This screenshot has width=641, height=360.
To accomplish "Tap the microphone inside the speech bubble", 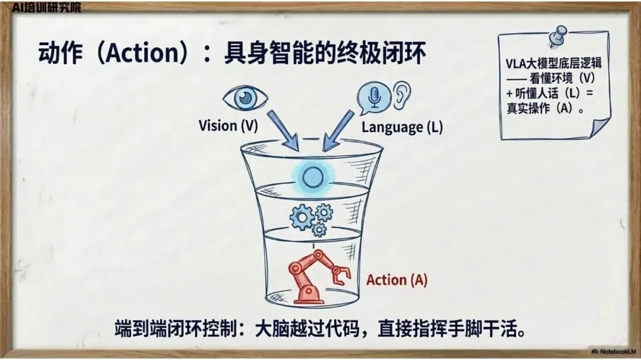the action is (x=374, y=97).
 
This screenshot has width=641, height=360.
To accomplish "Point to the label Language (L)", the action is (x=402, y=126).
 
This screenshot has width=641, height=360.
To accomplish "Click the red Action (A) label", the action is (x=396, y=279).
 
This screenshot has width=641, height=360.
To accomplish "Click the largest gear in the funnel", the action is (x=302, y=218).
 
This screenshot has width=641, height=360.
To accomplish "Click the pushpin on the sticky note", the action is (x=557, y=37).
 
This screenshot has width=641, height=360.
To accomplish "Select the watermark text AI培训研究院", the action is (x=46, y=7).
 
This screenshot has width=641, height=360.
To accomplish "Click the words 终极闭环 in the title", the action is (x=383, y=54).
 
